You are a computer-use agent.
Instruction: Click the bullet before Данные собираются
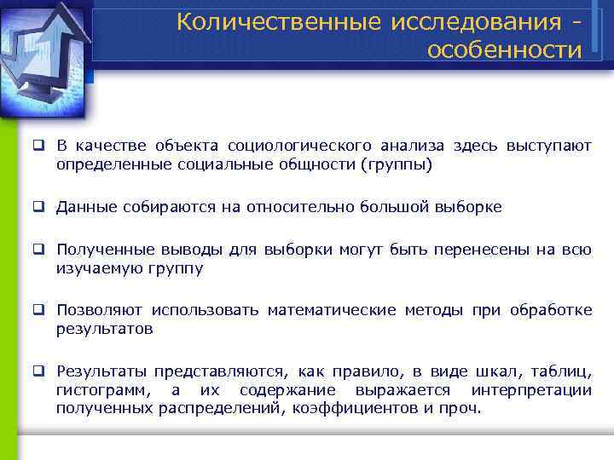pos(39,206)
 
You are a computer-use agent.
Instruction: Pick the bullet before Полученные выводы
pos(39,250)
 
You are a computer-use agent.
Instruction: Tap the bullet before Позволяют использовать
pos(39,310)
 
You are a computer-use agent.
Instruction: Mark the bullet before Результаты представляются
pos(39,371)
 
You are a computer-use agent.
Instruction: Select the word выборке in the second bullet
pos(468,207)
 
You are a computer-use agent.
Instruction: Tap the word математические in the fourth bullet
pos(332,311)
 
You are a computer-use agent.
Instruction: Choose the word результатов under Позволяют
pos(105,328)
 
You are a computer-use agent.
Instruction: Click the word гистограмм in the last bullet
pos(107,390)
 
